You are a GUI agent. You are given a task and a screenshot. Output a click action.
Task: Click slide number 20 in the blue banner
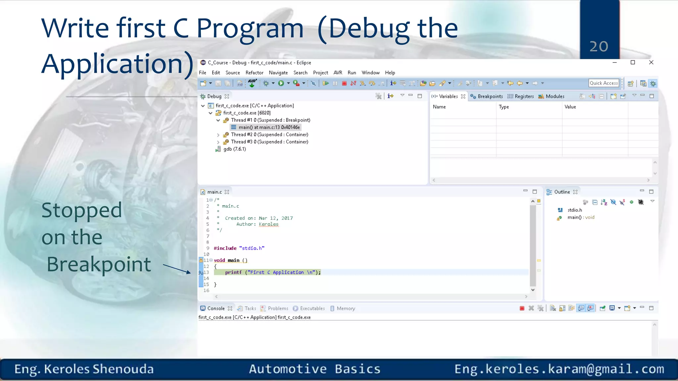point(599,46)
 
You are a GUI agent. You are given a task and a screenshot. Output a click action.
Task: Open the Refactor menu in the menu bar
point(254,73)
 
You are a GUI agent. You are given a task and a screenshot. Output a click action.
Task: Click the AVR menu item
point(338,73)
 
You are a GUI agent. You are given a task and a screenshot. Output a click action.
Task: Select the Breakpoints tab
point(490,97)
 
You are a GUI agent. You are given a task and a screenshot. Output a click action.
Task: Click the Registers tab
point(524,97)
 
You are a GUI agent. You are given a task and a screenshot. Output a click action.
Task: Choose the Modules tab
point(555,97)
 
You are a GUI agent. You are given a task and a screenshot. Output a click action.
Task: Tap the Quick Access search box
point(604,83)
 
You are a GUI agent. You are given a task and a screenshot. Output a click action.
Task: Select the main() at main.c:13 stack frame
point(269,127)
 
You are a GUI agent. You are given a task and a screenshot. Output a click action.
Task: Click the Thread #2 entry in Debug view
point(269,135)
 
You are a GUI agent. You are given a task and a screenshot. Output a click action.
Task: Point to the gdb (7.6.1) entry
point(234,149)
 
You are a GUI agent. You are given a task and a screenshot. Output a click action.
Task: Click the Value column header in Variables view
point(570,107)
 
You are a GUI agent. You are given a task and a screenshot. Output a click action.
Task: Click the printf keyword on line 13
point(233,273)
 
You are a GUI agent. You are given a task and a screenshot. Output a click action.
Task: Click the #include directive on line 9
point(225,248)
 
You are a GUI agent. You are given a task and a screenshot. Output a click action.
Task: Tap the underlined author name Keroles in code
point(268,224)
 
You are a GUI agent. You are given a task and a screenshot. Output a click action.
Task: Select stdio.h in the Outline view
point(574,210)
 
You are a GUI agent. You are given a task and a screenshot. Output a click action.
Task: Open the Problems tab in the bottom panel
point(277,309)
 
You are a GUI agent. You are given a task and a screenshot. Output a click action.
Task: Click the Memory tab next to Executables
point(345,309)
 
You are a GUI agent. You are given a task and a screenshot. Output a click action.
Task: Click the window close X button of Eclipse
point(651,63)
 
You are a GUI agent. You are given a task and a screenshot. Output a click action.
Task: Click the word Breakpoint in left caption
point(99,264)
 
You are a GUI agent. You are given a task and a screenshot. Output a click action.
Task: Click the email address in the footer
point(559,369)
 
